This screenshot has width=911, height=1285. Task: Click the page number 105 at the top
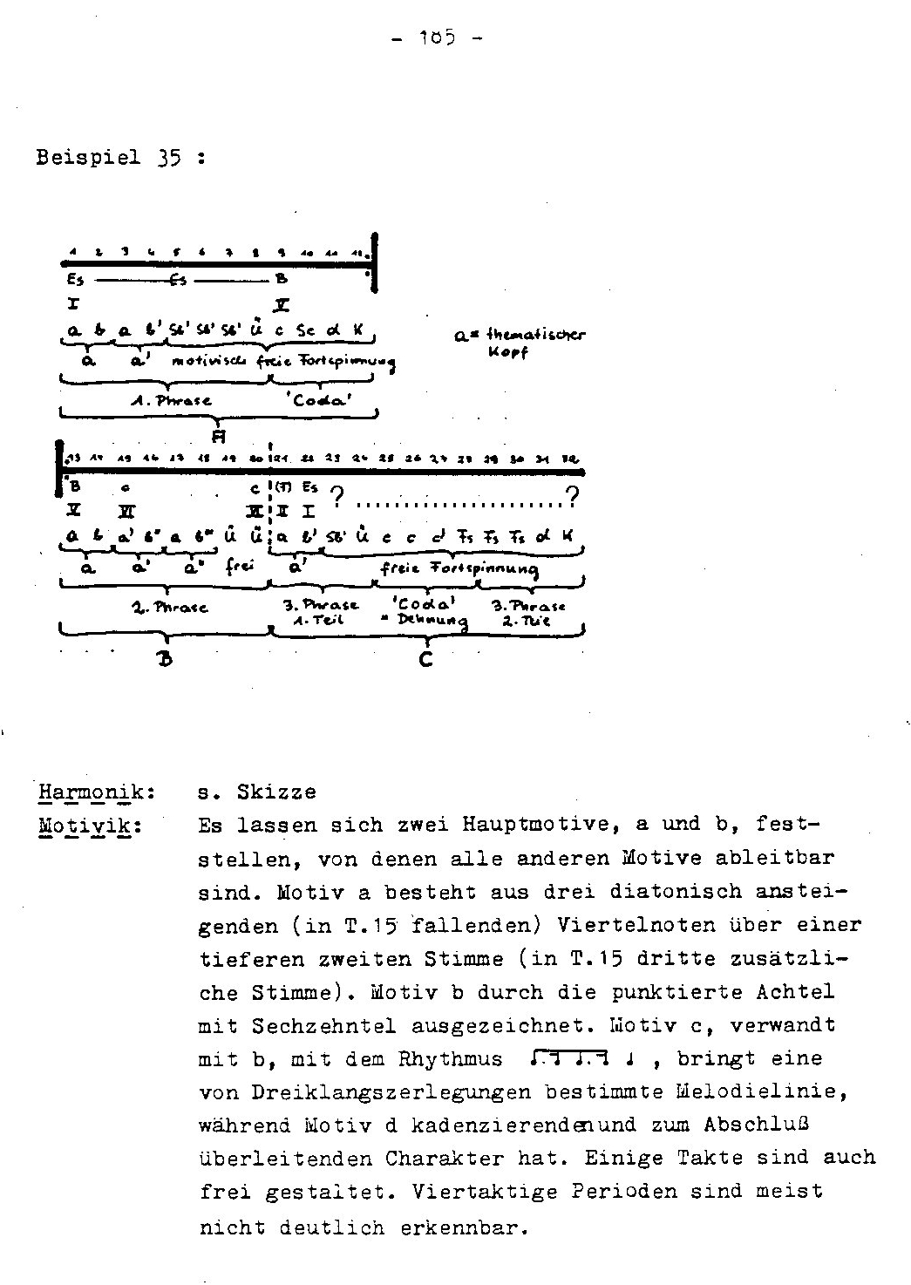pyautogui.click(x=433, y=38)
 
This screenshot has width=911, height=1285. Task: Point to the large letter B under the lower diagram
pyautogui.click(x=165, y=660)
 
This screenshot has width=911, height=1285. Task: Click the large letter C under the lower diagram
pyautogui.click(x=425, y=660)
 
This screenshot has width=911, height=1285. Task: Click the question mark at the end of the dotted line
pyautogui.click(x=572, y=499)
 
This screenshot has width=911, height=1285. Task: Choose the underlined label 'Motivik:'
pyautogui.click(x=90, y=825)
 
